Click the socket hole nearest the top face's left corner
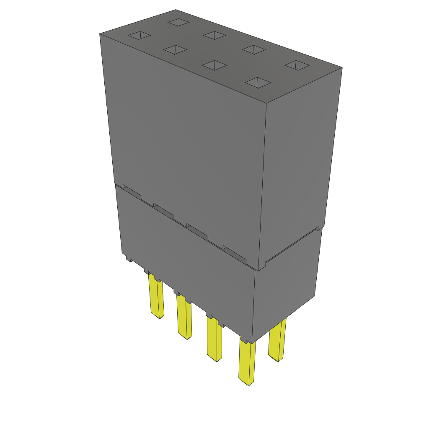(139, 36)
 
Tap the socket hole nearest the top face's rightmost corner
(297, 65)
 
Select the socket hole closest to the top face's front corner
(258, 83)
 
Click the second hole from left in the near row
(175, 50)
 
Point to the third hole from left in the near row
(214, 65)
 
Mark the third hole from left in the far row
(254, 49)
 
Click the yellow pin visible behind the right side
(278, 339)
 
